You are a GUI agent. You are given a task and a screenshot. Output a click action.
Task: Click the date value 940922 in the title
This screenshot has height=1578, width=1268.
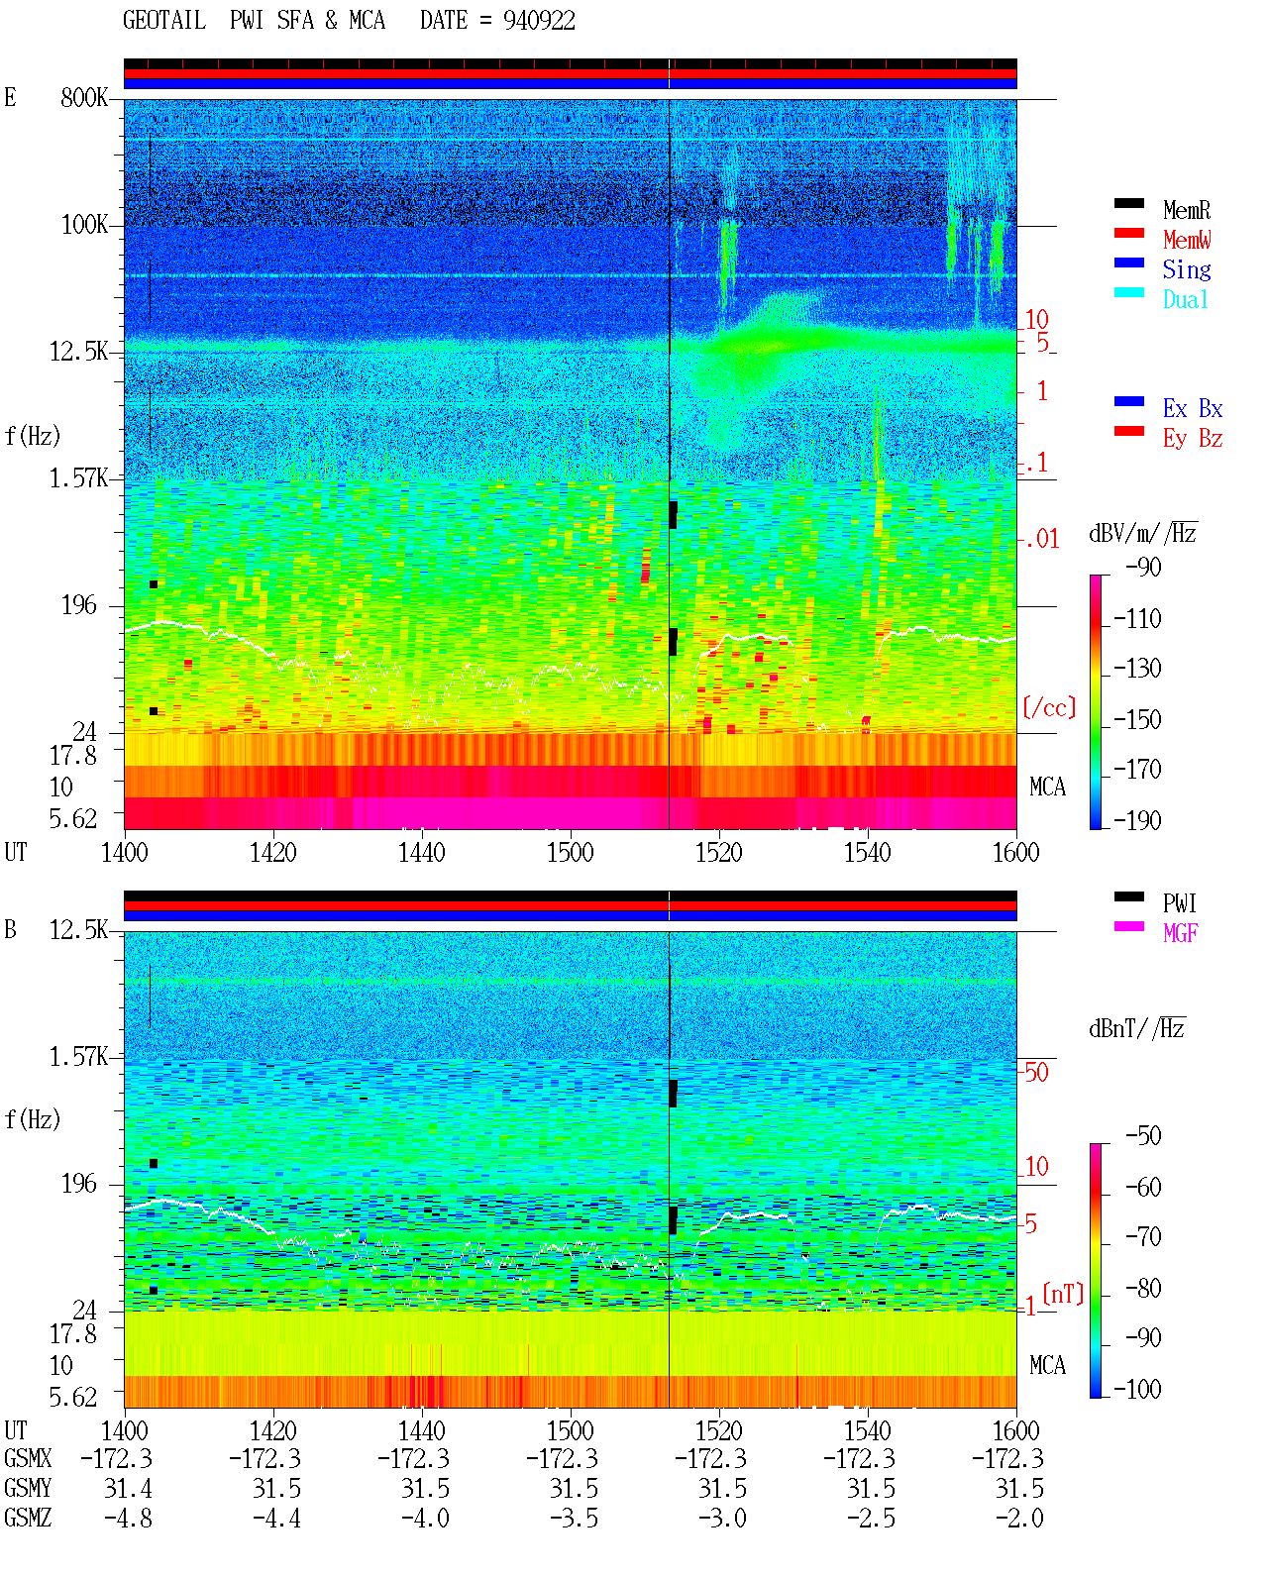[539, 21]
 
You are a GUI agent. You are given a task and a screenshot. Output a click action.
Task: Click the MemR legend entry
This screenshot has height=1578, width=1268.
[1186, 210]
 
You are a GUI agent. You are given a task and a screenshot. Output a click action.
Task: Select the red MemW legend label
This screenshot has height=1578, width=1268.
[1186, 240]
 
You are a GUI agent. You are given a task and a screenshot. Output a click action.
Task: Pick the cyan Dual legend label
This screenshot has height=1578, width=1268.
[1185, 299]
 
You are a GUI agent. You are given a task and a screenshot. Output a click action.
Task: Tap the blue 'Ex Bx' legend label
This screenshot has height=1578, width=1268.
[1192, 408]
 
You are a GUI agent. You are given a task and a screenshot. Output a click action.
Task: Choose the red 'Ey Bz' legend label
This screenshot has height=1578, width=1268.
[1192, 439]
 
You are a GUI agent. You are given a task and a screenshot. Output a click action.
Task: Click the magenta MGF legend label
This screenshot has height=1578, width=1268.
[1180, 933]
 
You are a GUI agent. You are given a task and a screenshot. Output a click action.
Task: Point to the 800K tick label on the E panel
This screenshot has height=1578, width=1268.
[84, 97]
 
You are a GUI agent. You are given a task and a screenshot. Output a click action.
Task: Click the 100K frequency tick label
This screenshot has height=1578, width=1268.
[84, 225]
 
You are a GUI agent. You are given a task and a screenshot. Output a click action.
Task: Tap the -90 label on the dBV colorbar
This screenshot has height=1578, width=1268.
[1143, 567]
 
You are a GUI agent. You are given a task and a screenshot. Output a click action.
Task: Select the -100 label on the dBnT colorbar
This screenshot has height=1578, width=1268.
[1137, 1389]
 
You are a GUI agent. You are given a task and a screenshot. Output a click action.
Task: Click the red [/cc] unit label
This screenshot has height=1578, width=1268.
[1049, 707]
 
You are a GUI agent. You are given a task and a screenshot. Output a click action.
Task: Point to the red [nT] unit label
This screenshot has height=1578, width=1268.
[1063, 1294]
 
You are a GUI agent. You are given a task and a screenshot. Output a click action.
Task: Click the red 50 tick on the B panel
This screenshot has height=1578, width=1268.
[1036, 1073]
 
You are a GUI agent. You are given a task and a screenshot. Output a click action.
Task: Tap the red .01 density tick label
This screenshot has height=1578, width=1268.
[1042, 540]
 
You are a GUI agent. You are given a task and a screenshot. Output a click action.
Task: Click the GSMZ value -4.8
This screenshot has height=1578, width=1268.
[128, 1518]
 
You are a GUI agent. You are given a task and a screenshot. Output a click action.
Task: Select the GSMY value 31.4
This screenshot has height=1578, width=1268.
[128, 1489]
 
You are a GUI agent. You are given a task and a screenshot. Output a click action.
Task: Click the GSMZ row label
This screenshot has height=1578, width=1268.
[28, 1518]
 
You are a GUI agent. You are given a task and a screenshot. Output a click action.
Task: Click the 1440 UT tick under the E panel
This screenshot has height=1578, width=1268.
[422, 852]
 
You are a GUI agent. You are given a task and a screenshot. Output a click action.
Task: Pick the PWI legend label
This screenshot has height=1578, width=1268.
[1180, 902]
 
